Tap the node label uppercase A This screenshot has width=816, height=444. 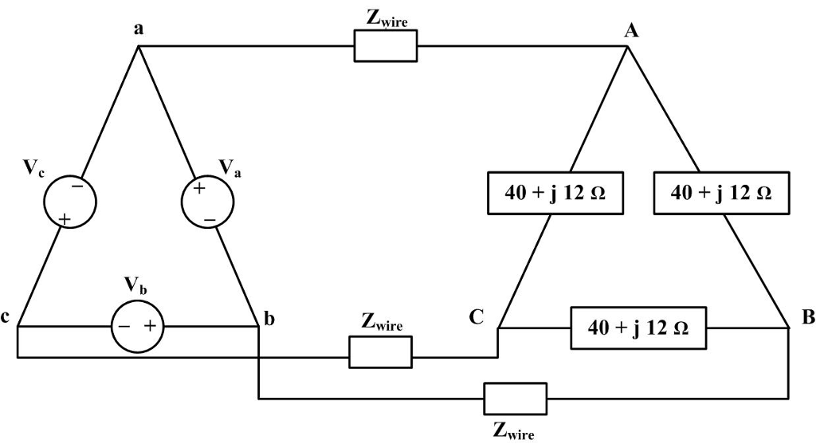pos(632,31)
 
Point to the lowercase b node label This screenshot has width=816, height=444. pos(269,320)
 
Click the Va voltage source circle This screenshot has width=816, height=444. pos(207,202)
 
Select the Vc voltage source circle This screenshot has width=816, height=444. pos(69,202)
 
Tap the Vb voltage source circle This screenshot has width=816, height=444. pos(137,327)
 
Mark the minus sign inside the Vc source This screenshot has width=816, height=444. pos(76,186)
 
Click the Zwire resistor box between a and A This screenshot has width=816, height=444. pos(386,47)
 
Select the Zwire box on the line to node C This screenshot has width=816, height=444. pos(380,352)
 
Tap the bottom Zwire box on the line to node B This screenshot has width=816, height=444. pos(516,398)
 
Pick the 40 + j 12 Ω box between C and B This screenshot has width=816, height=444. pos(638,328)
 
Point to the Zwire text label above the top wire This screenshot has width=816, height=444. pos(386,19)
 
